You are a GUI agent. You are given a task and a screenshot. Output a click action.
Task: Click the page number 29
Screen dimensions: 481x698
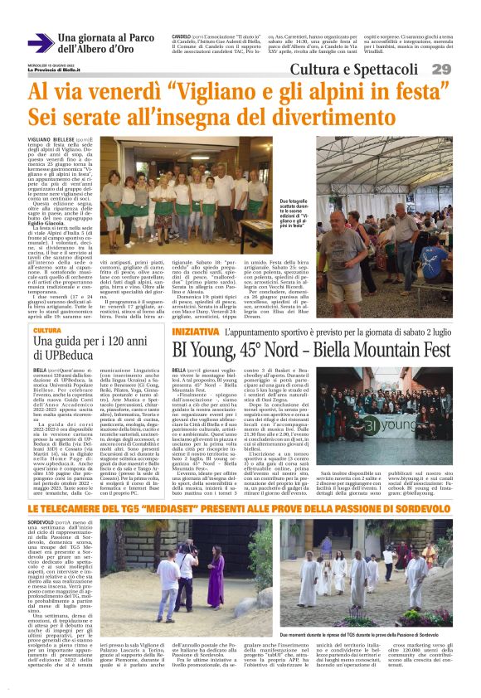click(x=464, y=68)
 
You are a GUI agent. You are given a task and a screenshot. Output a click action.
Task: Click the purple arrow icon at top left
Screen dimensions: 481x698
click(x=39, y=42)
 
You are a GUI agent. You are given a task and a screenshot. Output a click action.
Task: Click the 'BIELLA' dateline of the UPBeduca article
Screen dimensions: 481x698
click(x=40, y=371)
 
